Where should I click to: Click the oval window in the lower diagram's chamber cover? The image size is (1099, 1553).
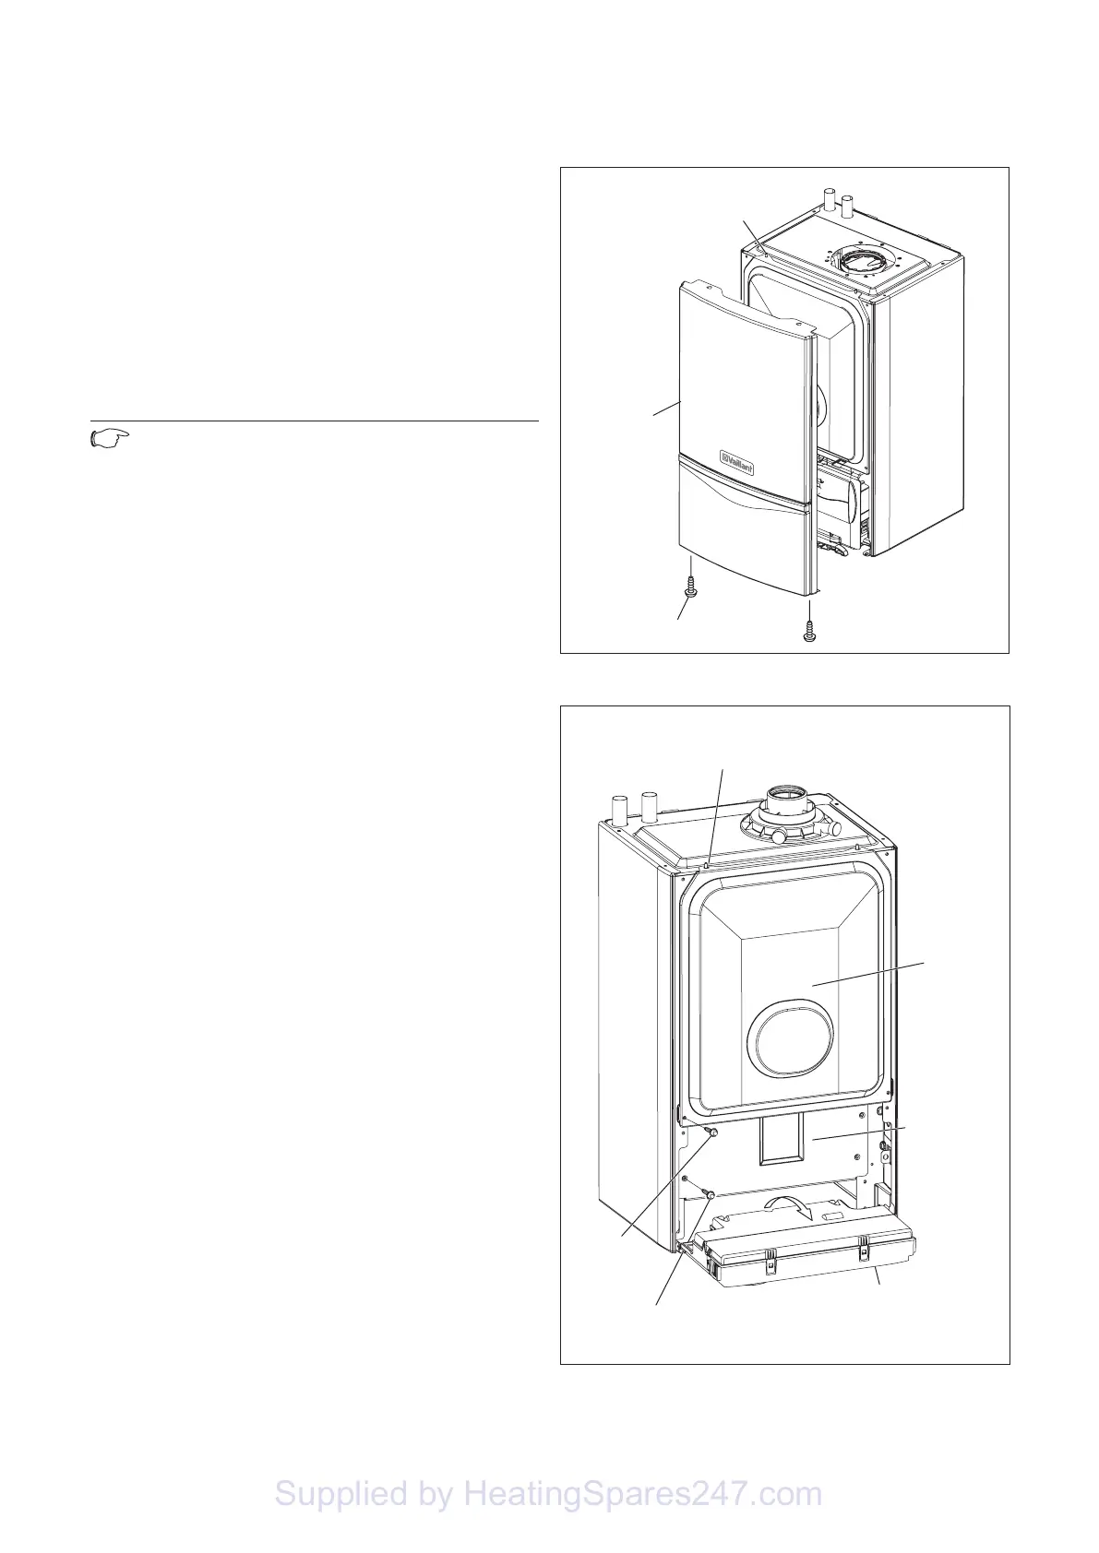793,1049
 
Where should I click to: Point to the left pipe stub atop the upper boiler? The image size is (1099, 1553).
829,199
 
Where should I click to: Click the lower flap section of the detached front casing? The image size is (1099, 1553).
744,544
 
